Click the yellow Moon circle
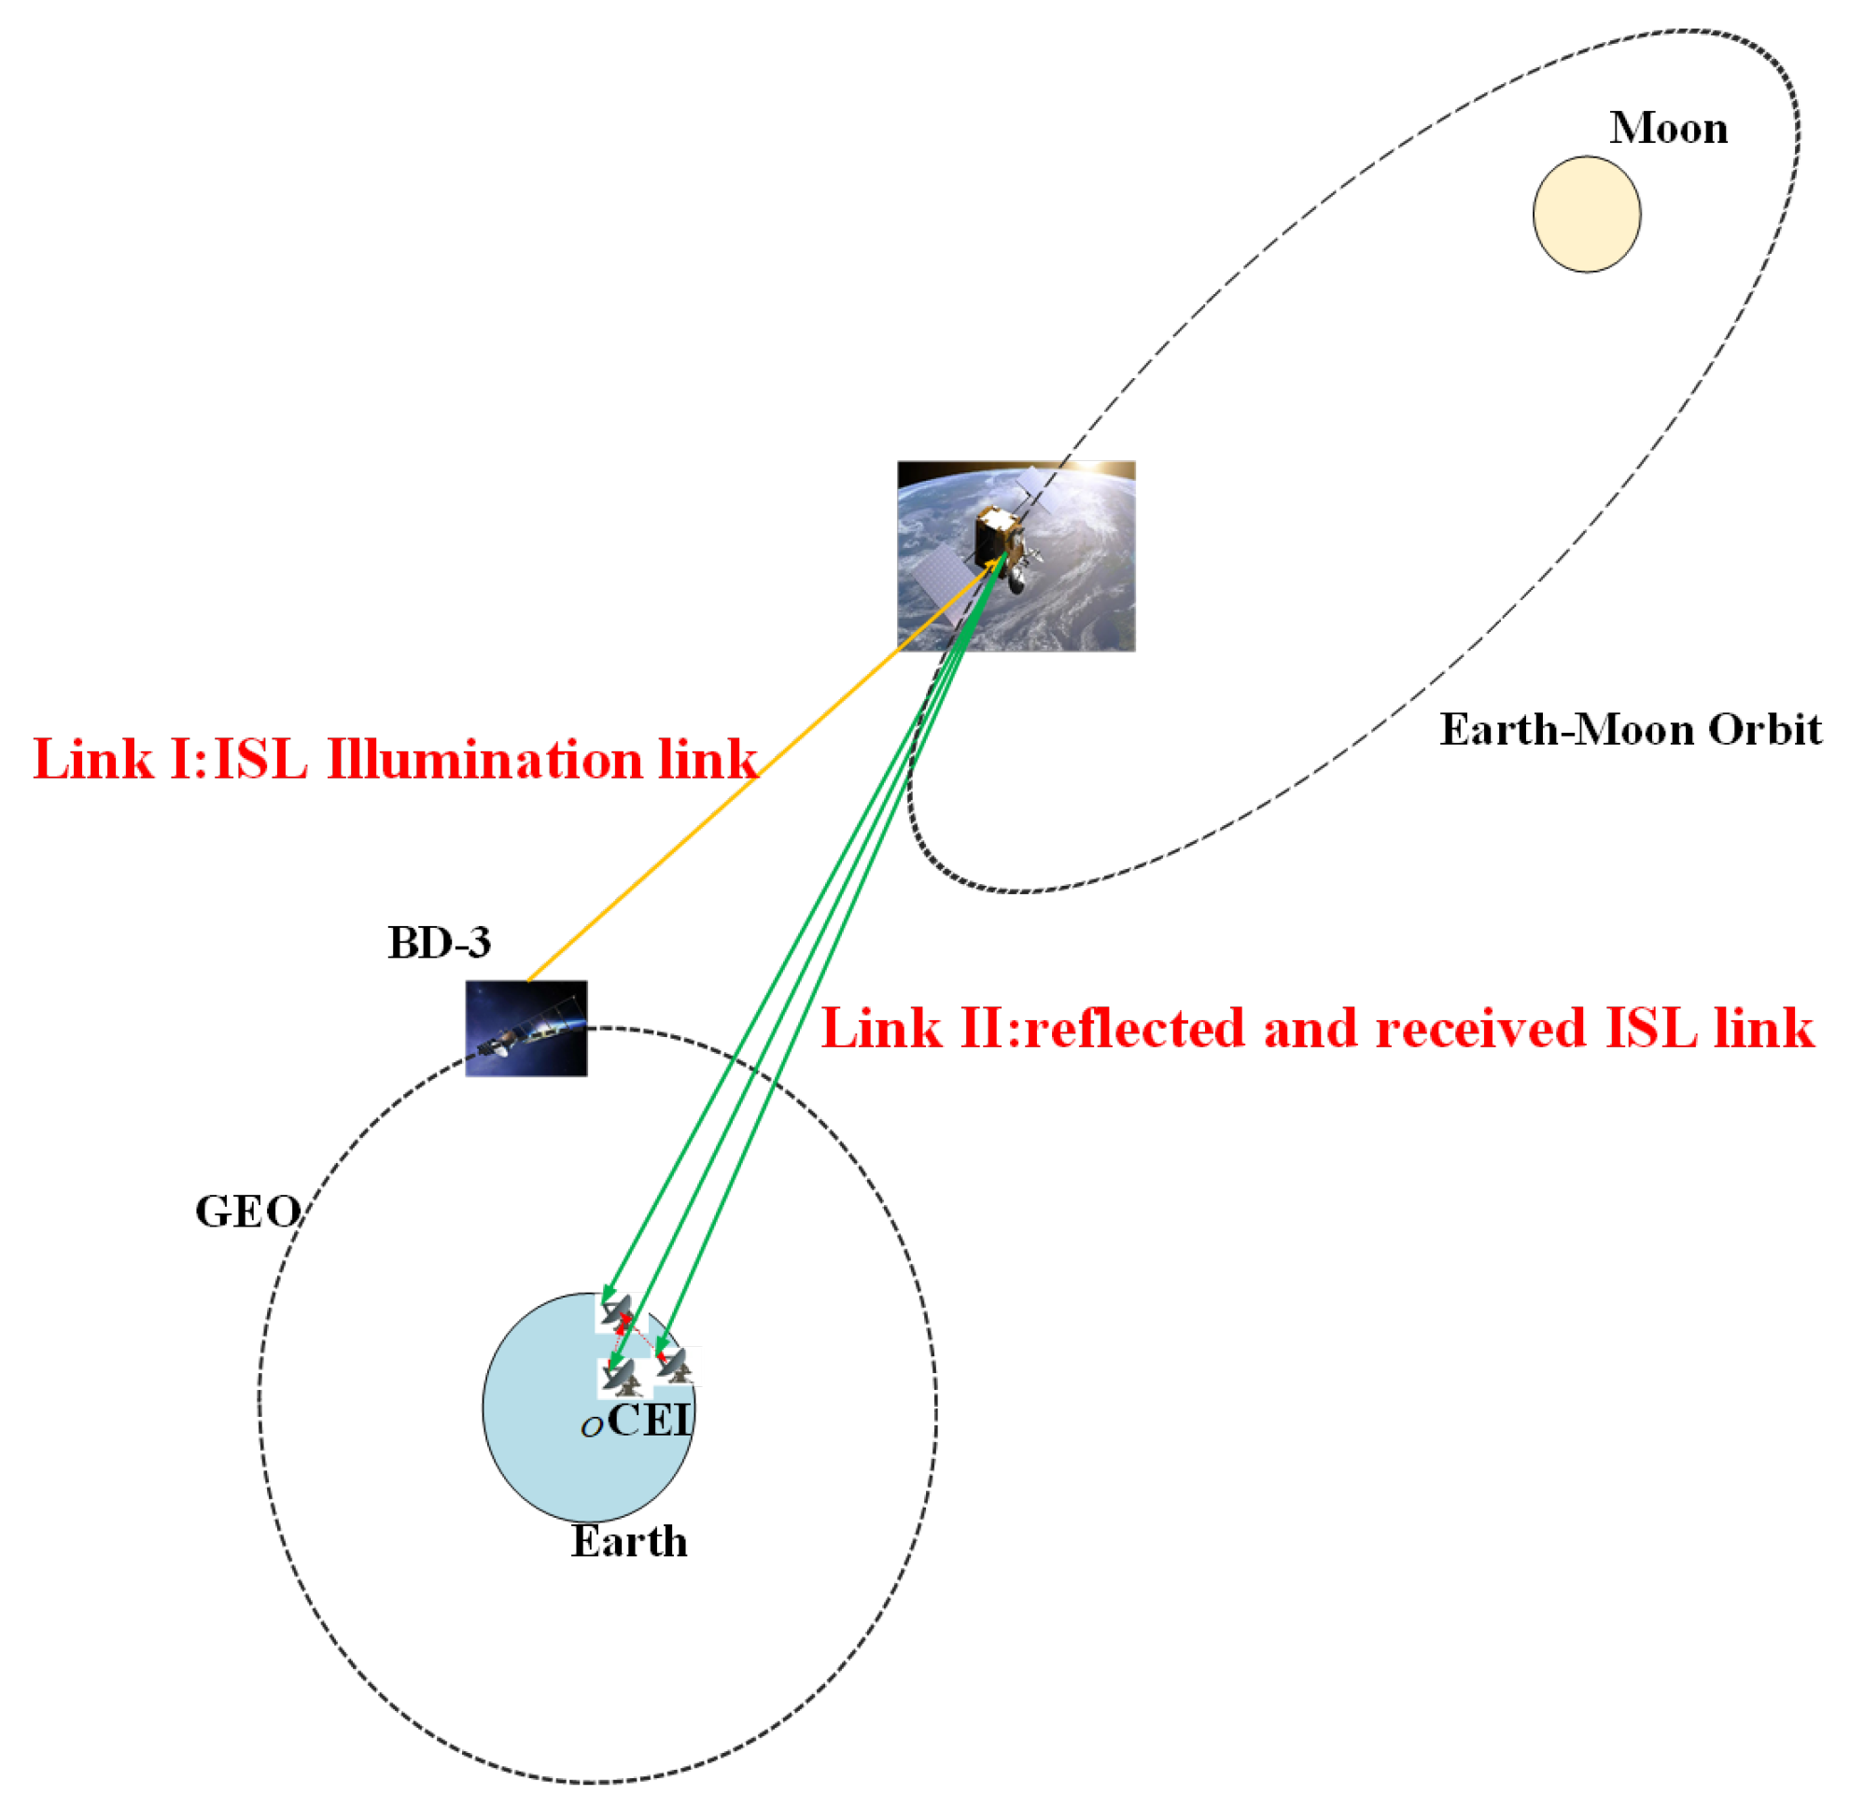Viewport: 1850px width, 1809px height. [1586, 214]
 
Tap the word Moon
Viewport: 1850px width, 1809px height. [1668, 128]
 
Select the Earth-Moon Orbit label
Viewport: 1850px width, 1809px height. [1630, 730]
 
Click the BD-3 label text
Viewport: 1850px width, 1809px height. [439, 943]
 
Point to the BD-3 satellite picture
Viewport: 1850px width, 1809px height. [526, 1028]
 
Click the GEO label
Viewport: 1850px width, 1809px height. [247, 1213]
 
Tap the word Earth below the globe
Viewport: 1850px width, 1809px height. [628, 1541]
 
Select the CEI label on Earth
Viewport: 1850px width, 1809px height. [649, 1422]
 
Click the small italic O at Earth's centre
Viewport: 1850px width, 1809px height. [591, 1428]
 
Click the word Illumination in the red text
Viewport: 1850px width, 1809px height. [484, 760]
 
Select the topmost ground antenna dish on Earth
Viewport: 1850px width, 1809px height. [618, 1314]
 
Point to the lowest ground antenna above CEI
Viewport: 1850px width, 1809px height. [620, 1377]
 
